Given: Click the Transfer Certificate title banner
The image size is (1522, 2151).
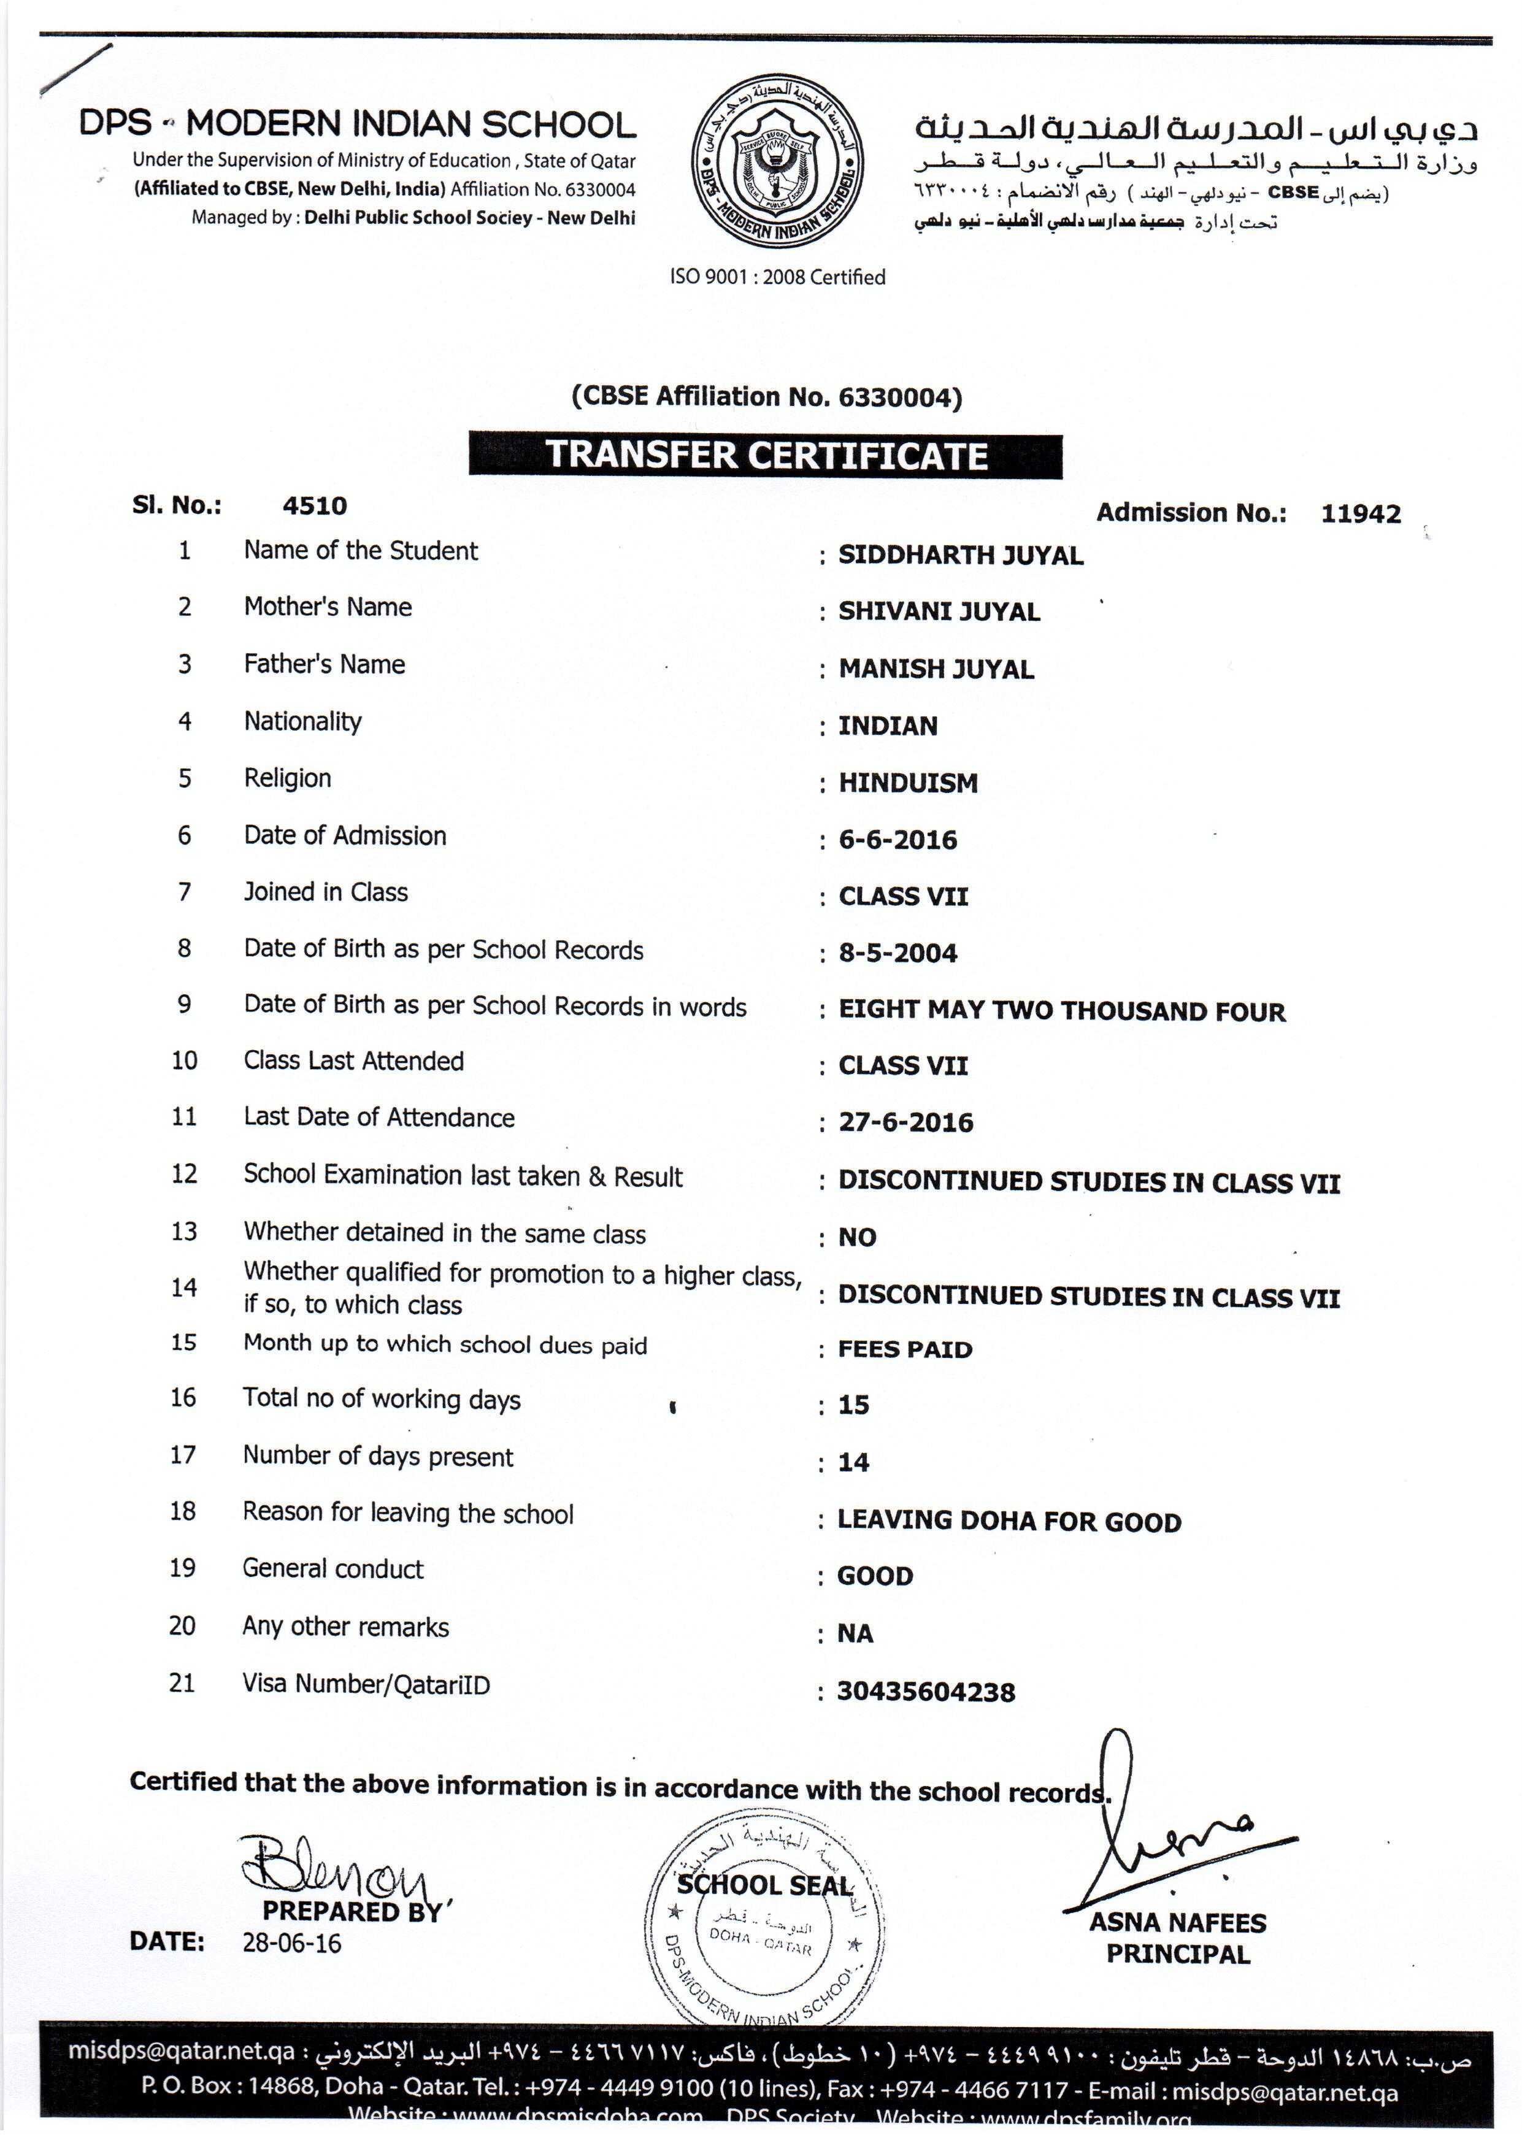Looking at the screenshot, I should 766,455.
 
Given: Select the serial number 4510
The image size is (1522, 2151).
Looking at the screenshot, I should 315,506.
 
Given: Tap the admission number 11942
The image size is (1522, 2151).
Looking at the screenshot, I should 1361,513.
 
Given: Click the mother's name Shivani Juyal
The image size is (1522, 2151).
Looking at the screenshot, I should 939,612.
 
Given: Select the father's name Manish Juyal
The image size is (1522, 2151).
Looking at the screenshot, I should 936,669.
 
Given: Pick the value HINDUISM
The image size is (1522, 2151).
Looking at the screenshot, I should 907,783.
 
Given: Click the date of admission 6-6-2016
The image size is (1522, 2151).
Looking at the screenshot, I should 898,840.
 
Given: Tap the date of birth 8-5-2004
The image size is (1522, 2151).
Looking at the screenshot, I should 898,954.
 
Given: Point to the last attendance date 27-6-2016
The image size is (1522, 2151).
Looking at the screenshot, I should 905,1122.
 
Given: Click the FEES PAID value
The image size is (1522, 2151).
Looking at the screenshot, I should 905,1349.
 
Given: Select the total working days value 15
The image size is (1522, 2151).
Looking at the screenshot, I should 854,1405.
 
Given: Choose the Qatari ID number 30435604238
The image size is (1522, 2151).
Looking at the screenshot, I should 926,1692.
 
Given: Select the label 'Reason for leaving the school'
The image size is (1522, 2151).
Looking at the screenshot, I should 408,1514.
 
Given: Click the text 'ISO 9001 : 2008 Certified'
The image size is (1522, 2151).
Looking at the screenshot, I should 777,277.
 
